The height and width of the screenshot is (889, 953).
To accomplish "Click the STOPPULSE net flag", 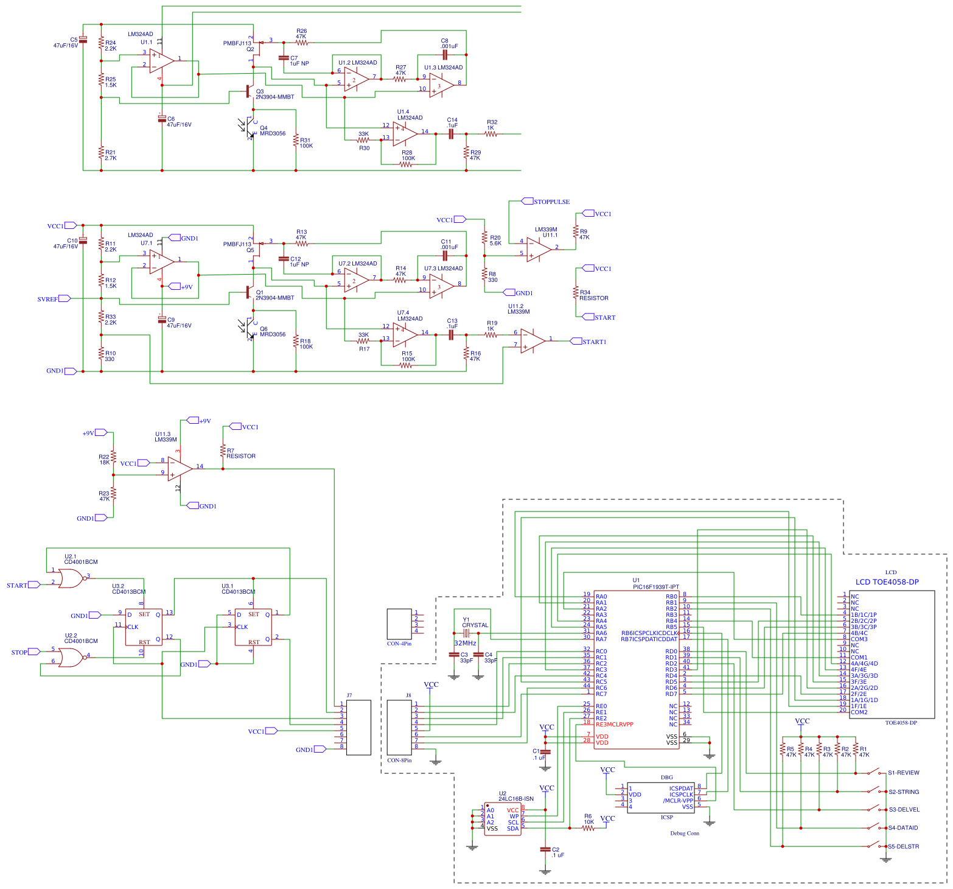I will pyautogui.click(x=551, y=202).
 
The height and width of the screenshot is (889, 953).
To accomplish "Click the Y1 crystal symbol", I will pyautogui.click(x=466, y=634).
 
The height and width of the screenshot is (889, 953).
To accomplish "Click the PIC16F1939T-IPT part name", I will pyautogui.click(x=655, y=587).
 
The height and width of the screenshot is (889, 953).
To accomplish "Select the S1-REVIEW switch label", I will pyautogui.click(x=903, y=773).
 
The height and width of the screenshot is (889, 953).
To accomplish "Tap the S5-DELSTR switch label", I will pyautogui.click(x=903, y=846).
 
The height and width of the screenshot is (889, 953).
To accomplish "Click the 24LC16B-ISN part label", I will pyautogui.click(x=515, y=799).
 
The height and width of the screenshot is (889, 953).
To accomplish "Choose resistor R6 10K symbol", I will pyautogui.click(x=588, y=828).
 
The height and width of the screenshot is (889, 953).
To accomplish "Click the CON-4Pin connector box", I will pyautogui.click(x=399, y=624).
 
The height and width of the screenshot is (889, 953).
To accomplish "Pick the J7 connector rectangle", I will pyautogui.click(x=358, y=728).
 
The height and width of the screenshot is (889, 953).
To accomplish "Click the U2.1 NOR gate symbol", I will pyautogui.click(x=71, y=578).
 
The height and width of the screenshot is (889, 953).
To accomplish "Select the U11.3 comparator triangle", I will pyautogui.click(x=180, y=469).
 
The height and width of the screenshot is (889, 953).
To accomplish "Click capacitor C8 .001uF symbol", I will pyautogui.click(x=445, y=55).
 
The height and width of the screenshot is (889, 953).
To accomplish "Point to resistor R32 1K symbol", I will pyautogui.click(x=490, y=134).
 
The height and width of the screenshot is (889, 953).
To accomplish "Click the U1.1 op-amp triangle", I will pyautogui.click(x=161, y=61).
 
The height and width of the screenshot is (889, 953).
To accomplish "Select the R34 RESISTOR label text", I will pyautogui.click(x=593, y=298).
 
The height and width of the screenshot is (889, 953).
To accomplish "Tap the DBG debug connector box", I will pyautogui.click(x=660, y=797).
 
